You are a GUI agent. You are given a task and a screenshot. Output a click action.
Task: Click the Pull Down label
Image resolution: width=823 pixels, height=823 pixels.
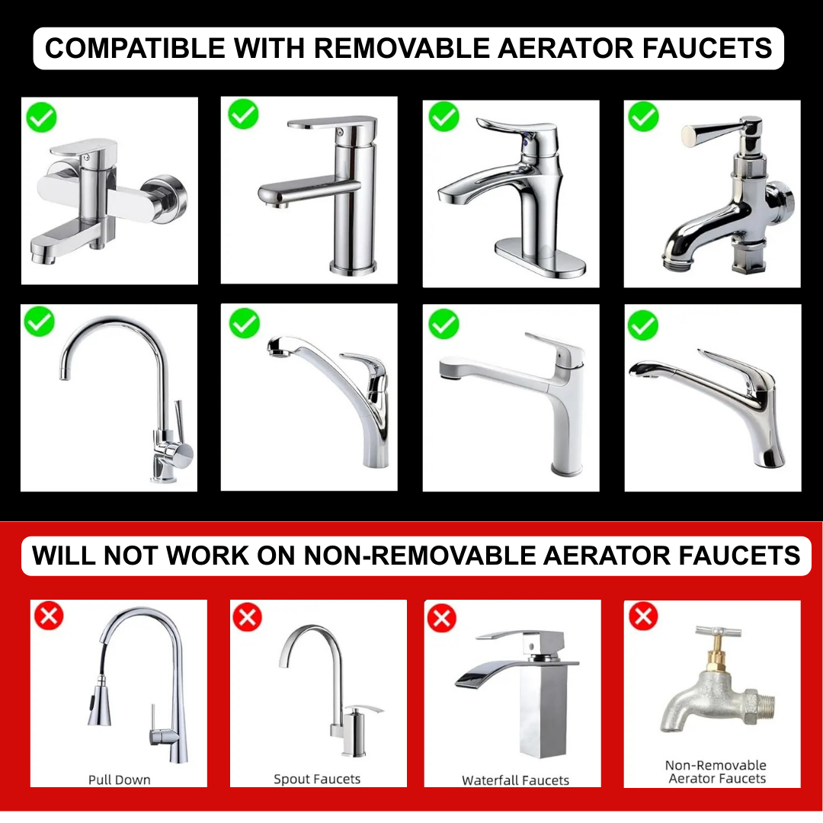(x=119, y=780)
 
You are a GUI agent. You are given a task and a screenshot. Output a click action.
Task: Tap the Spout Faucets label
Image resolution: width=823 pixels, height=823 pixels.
(x=317, y=779)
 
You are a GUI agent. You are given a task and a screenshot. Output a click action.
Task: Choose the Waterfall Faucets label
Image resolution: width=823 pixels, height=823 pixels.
(x=515, y=780)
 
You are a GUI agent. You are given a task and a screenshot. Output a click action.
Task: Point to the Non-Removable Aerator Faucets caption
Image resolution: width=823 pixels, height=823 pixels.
(x=716, y=771)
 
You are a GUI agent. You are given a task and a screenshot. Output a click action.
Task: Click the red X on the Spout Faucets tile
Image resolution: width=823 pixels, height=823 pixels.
(x=247, y=616)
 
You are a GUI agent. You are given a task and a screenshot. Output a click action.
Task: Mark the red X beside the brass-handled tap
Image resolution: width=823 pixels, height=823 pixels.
(x=643, y=616)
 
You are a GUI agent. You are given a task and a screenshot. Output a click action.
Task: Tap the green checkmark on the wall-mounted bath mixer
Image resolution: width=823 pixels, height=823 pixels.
(x=41, y=117)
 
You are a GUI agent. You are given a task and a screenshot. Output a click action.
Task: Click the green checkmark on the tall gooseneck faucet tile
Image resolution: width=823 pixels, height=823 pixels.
(x=40, y=322)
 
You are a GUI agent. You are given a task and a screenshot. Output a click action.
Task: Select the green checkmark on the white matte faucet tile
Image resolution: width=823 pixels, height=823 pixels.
(x=444, y=324)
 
